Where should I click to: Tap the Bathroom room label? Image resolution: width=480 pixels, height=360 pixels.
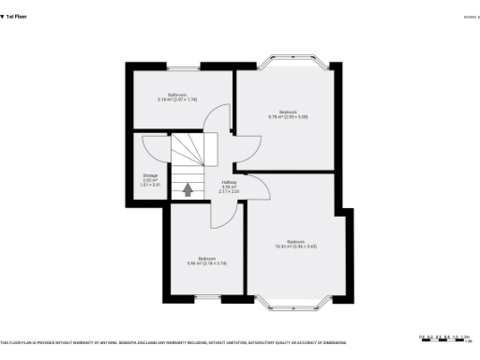[177, 97]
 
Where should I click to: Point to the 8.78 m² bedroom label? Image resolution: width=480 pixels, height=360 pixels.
[289, 114]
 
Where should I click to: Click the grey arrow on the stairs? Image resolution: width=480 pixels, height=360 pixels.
[187, 189]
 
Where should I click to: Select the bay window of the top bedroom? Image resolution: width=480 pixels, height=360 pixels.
[294, 64]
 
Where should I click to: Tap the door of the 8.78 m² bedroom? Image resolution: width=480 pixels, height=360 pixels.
[249, 148]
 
